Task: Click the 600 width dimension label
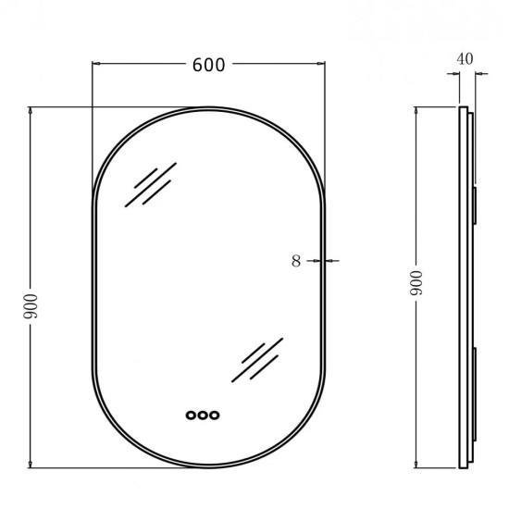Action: tap(209, 65)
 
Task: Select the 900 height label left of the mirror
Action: tap(30, 304)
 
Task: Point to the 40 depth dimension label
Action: tap(466, 58)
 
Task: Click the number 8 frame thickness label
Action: tap(296, 261)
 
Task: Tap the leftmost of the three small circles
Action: tap(191, 416)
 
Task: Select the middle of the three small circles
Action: tap(203, 416)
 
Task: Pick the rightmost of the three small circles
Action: tap(215, 416)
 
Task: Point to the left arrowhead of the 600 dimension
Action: tap(97, 65)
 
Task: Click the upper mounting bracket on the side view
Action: tap(473, 204)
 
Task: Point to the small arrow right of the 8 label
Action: tap(330, 261)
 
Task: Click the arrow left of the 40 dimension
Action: tap(455, 78)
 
